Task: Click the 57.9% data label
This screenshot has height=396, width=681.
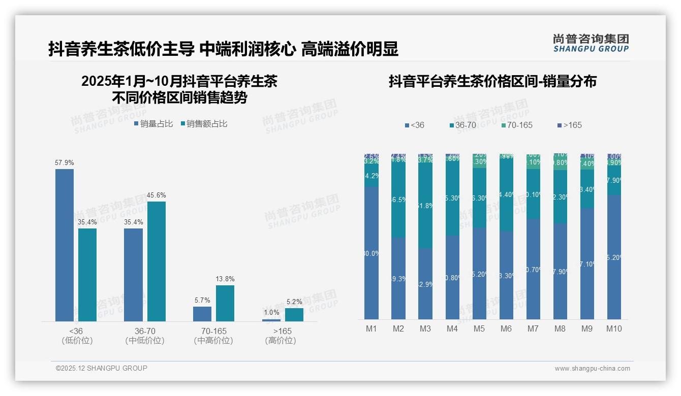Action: (65, 163)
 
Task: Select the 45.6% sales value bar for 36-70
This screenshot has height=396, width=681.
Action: (157, 261)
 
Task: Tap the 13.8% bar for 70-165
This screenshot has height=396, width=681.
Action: (225, 303)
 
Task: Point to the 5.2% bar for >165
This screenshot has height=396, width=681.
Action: (294, 315)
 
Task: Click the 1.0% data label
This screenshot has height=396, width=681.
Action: (272, 313)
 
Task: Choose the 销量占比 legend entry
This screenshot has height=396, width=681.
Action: (153, 124)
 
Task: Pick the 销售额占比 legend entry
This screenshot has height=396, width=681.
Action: (204, 124)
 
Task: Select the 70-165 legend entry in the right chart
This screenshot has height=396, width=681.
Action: (516, 125)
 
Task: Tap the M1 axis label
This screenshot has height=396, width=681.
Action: (372, 328)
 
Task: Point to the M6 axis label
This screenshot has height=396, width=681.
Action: (506, 328)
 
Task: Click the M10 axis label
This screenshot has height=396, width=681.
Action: (614, 328)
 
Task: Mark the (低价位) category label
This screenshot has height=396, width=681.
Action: (77, 341)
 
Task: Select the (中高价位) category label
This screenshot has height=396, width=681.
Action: (213, 341)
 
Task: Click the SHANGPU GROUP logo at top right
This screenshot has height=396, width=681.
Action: (591, 43)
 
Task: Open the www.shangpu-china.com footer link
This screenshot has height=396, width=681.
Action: (592, 369)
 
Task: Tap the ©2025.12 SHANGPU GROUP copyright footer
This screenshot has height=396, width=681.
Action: (102, 368)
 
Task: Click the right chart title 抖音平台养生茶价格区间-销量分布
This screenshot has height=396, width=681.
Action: (492, 81)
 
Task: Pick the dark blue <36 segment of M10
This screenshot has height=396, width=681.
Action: (614, 257)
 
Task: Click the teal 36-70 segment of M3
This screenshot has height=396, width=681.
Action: (425, 206)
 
